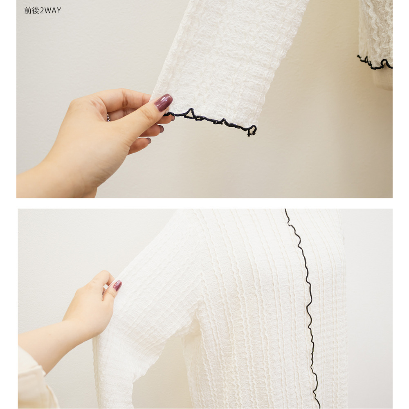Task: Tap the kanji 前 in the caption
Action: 28,11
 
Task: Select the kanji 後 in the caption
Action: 36,11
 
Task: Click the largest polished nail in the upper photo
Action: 164,102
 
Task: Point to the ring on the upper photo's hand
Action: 108,118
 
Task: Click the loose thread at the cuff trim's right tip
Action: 249,134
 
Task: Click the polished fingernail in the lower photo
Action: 117,285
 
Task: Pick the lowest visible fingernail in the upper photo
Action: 149,141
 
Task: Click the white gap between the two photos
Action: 204,203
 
